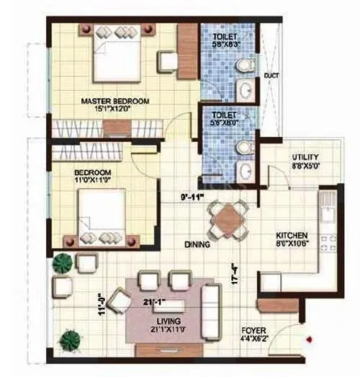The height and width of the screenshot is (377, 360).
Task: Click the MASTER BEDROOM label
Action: [114, 101]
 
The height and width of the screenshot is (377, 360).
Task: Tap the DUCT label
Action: [272, 75]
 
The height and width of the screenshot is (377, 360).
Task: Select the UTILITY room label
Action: [306, 159]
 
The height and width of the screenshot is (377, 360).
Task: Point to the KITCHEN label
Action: [294, 236]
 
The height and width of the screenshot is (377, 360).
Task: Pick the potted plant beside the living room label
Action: [69, 338]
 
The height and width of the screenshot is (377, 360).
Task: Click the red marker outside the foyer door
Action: [309, 338]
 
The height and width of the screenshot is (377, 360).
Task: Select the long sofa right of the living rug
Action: [212, 302]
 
